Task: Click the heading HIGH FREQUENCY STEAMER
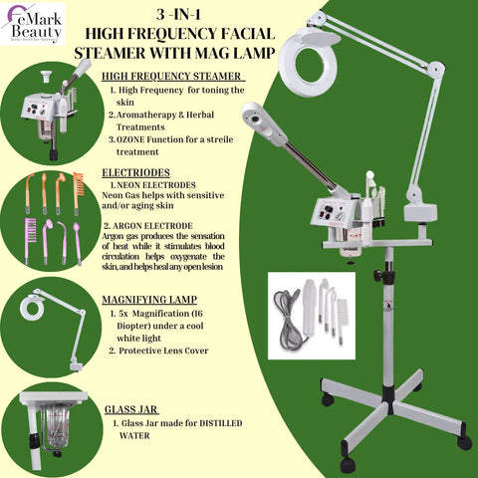coord(173,76)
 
